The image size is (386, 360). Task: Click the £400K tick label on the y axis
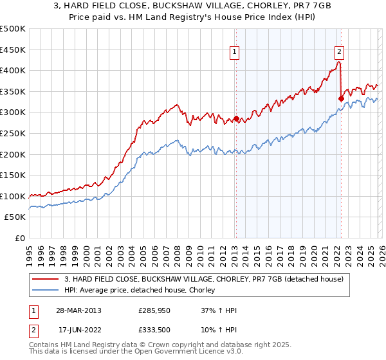[x=13, y=71]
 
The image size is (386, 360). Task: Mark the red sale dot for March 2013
[x=235, y=118]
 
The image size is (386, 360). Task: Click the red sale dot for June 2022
[x=341, y=98]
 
